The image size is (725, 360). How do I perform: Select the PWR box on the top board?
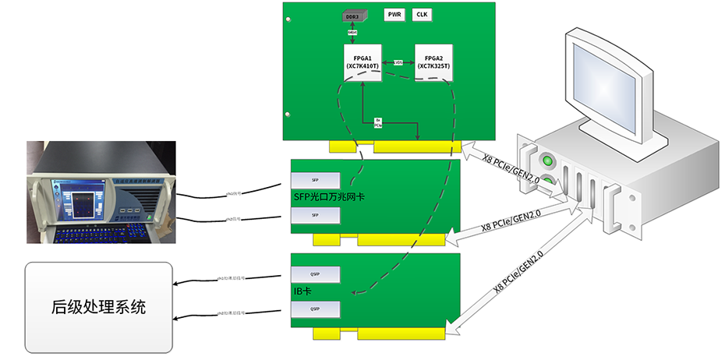pos(395,15)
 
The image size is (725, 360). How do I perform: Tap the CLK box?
pos(422,15)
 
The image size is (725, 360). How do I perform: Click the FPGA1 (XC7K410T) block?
pos(362,62)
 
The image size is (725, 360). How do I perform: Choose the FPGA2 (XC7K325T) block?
pos(433,62)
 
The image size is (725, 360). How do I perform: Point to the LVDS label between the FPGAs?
pos(398,62)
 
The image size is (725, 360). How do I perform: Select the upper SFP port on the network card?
pos(315,179)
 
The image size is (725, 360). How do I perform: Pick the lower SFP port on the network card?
pos(315,214)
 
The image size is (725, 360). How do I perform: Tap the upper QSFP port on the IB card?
pos(315,274)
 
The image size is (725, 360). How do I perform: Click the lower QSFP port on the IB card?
pos(315,309)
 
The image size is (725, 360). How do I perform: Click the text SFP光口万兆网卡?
pos(328,197)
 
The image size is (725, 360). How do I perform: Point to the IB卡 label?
pos(302,292)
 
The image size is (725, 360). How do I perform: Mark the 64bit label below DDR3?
pos(353,32)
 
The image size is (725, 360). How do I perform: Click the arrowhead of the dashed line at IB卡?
pos(354,293)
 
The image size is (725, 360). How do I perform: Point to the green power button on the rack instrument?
pos(548,162)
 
